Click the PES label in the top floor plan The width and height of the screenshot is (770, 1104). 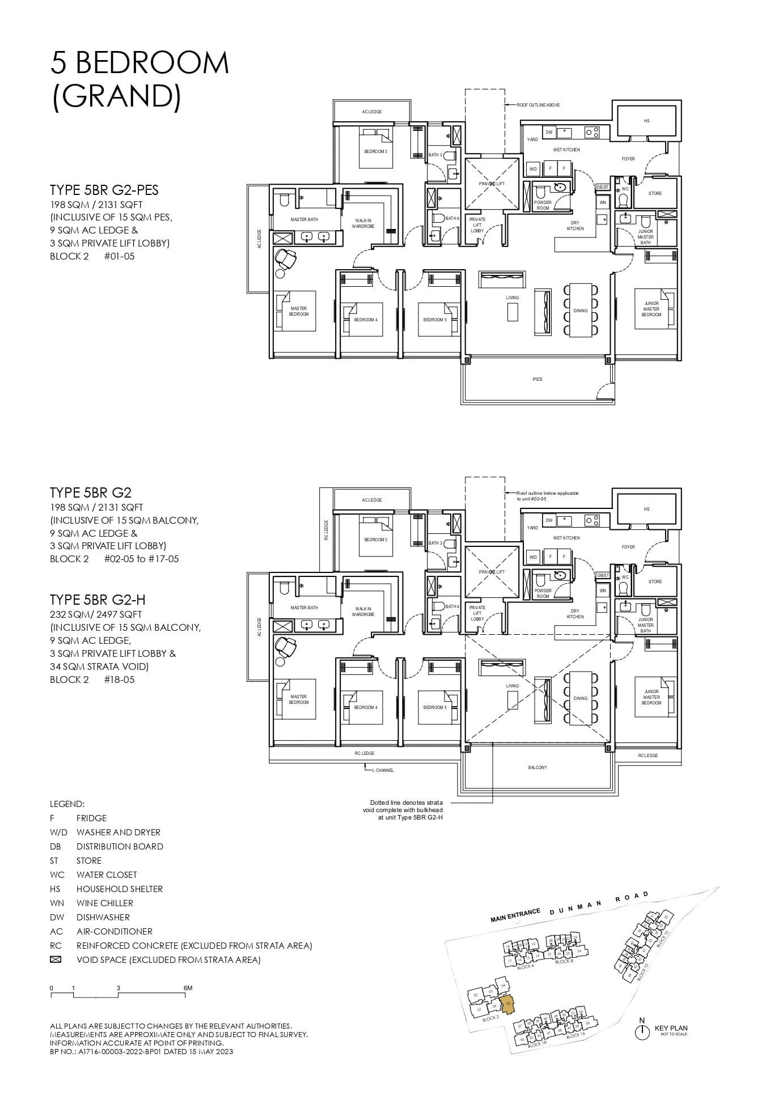538,379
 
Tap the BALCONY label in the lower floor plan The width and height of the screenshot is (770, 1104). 538,767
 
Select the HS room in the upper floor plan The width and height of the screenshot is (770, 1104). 646,121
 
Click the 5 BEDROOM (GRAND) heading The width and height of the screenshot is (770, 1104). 139,79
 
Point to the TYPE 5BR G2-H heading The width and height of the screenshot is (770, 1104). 94,600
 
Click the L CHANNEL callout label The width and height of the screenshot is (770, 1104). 383,770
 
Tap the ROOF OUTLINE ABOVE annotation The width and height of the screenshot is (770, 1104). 538,105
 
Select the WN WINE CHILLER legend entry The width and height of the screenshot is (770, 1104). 96,903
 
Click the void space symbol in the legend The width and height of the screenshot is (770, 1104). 56,959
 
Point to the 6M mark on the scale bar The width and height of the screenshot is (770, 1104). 188,988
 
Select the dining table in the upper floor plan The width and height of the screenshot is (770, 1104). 580,311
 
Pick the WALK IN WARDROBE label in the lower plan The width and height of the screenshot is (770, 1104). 363,612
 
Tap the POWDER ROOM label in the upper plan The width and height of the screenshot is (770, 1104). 543,205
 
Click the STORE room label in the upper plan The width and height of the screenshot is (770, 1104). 655,193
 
